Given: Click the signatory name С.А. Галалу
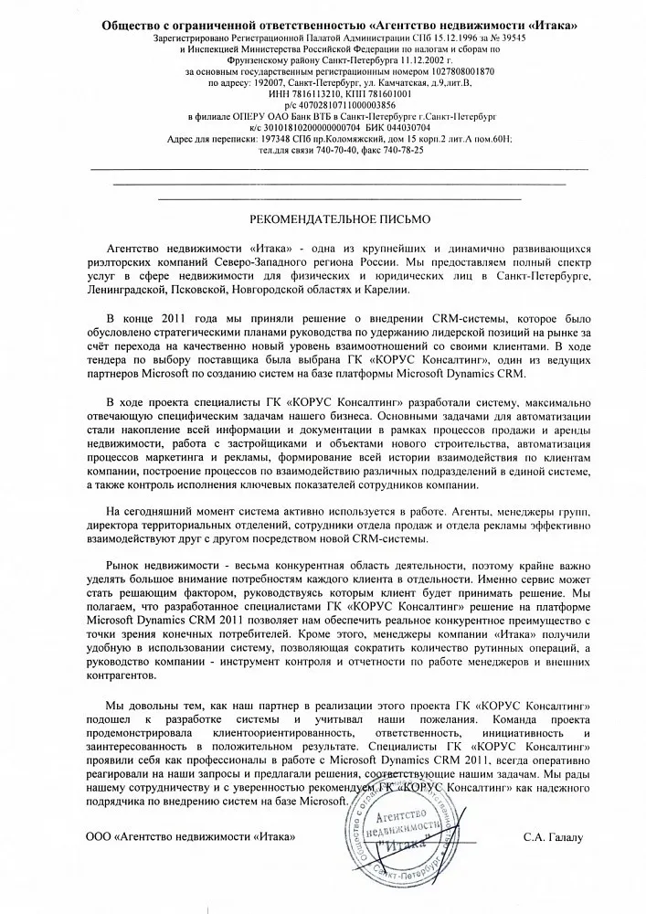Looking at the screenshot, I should point(551,835).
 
